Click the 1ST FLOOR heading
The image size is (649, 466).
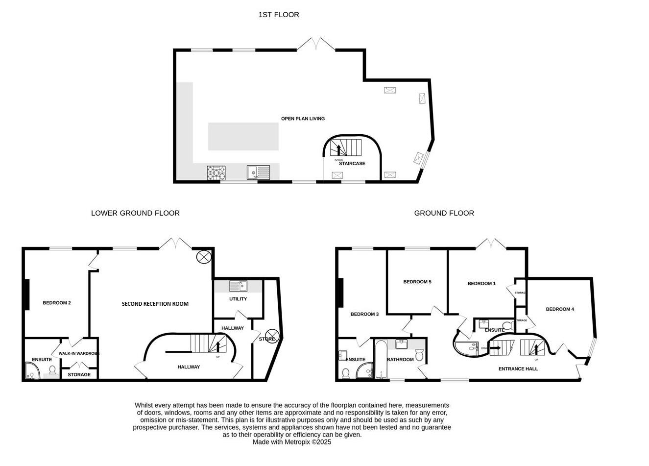(279, 15)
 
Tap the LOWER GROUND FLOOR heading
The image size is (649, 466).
(135, 213)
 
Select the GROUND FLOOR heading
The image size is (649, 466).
(444, 213)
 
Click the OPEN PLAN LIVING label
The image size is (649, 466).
(303, 119)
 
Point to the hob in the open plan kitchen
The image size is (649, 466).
(216, 173)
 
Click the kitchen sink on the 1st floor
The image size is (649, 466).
(258, 172)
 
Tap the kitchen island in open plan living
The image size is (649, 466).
(243, 137)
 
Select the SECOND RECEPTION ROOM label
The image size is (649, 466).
(155, 304)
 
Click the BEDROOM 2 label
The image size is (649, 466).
(57, 303)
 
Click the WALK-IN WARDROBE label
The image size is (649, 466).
(79, 353)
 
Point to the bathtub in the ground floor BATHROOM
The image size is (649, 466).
(380, 360)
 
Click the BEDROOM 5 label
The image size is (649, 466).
(417, 282)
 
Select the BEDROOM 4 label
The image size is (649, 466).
(560, 309)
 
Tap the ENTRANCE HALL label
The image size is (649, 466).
(518, 369)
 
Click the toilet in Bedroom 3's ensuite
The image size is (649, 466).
(345, 373)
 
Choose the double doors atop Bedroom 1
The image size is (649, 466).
(491, 244)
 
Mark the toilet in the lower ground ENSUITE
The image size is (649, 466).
(52, 370)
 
